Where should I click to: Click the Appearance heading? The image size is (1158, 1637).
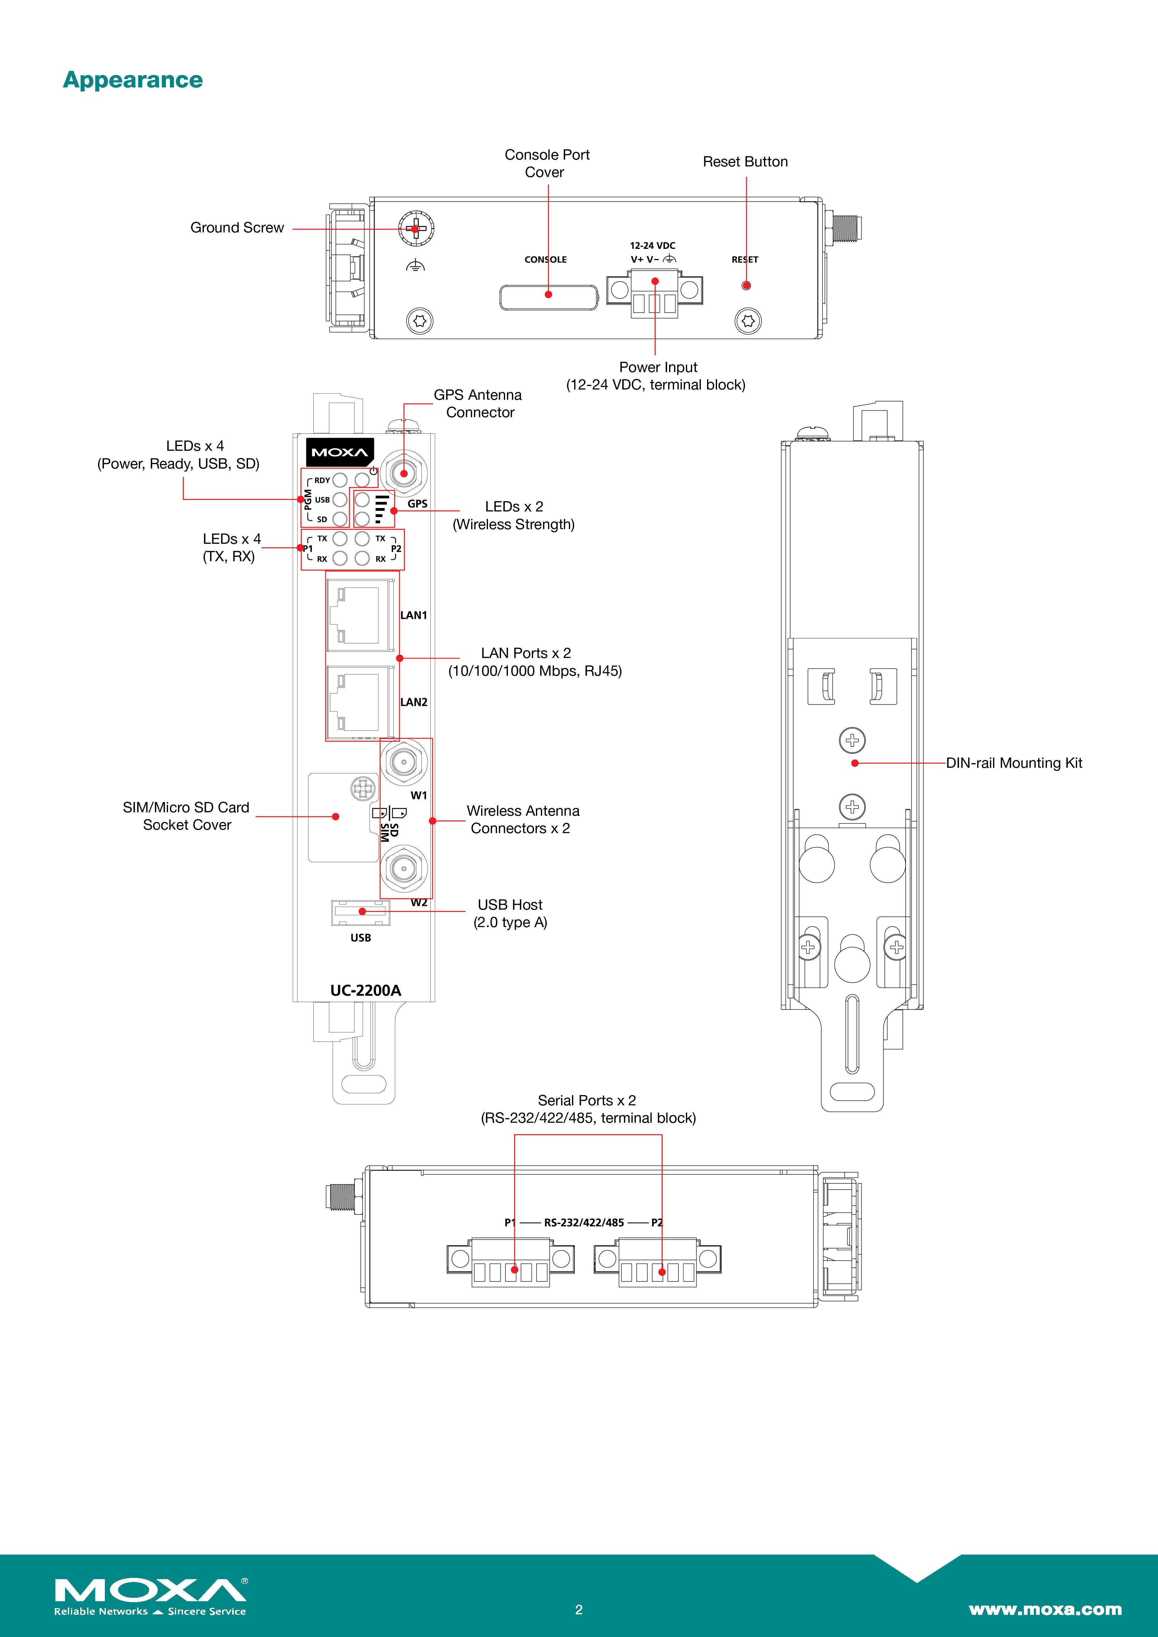(133, 80)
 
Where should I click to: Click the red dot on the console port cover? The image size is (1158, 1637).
(548, 294)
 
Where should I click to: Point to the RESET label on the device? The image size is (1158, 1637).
(744, 259)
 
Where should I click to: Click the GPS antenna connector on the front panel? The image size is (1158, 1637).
(404, 473)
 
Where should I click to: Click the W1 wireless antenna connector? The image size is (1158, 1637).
(404, 762)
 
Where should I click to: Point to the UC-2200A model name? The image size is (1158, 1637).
(365, 990)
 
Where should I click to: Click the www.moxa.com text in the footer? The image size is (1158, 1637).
(1045, 1609)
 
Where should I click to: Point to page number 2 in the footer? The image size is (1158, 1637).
(579, 1609)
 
